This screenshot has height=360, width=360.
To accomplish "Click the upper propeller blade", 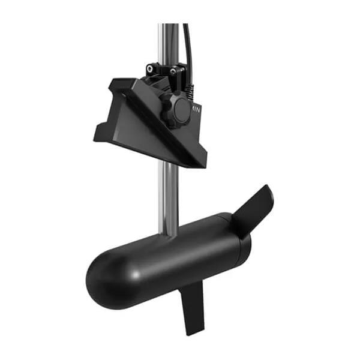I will point(252,207).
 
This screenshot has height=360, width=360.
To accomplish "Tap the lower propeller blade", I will point(194,306).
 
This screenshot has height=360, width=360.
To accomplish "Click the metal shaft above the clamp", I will point(167,42).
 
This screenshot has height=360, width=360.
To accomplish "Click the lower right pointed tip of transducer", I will point(203,163).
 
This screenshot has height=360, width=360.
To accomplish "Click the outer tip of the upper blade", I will point(268,190).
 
